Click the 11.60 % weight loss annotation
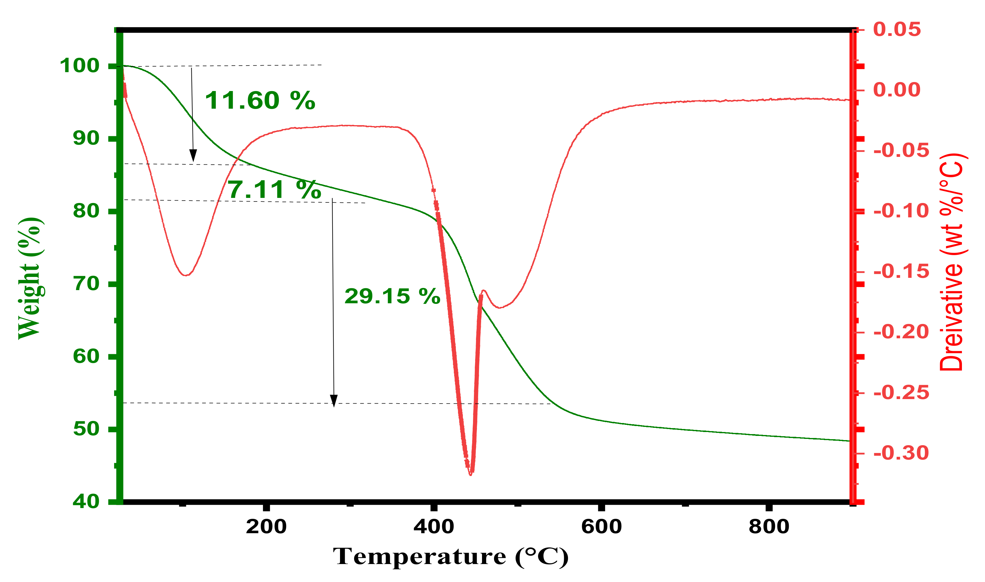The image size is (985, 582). point(260,101)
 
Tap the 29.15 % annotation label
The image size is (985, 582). point(392,296)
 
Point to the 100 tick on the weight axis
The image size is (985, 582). point(80,66)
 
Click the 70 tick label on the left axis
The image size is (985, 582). point(86,284)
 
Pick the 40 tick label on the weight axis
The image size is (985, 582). point(86,501)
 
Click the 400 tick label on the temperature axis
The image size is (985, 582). point(434,527)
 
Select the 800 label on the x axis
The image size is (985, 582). point(769,527)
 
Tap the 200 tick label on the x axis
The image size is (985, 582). point(266,527)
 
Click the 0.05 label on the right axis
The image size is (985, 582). point(897,30)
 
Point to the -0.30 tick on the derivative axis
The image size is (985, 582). point(901,453)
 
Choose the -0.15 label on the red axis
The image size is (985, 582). point(901,272)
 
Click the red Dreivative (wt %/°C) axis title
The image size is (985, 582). point(952,262)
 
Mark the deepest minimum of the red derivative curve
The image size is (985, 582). point(471,475)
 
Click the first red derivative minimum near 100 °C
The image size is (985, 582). point(185,275)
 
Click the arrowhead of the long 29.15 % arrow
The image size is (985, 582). point(333,401)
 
